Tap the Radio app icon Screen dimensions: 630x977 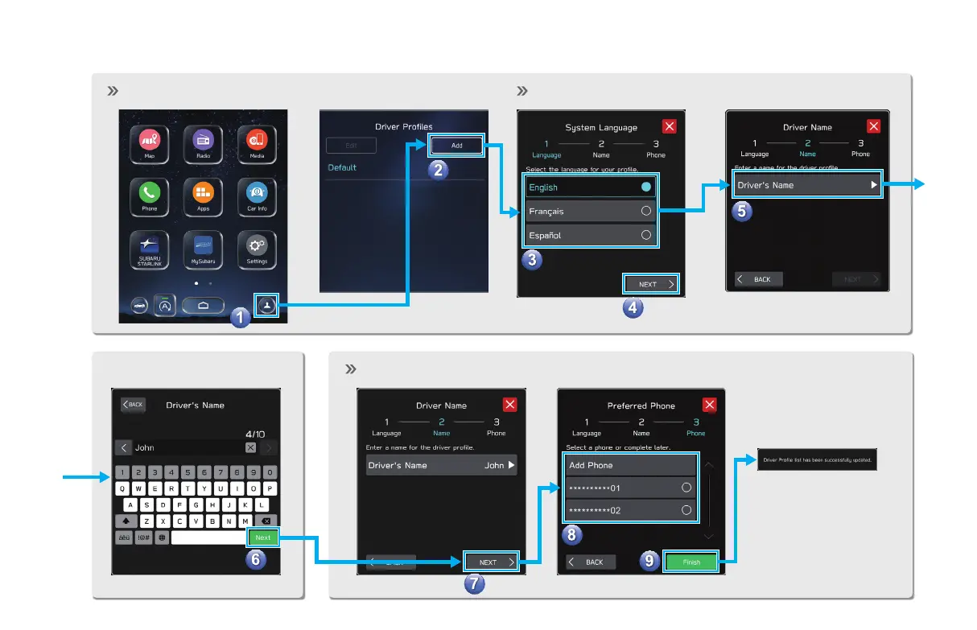tap(202, 140)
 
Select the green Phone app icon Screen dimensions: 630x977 tap(150, 193)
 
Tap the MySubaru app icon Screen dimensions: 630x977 tap(202, 245)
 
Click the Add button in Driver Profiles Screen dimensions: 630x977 tap(456, 146)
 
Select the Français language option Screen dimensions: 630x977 tap(589, 211)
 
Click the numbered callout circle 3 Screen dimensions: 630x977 tap(530, 260)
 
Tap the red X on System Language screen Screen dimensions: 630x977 tap(670, 126)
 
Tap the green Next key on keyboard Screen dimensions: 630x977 tap(263, 537)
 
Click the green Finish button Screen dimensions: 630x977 tap(691, 562)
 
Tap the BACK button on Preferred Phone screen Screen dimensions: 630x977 tap(591, 562)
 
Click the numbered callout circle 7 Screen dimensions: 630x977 tap(475, 585)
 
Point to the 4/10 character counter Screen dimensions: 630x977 tap(254, 434)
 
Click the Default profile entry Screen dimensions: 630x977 tap(342, 167)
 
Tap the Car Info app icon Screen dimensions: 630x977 tap(257, 193)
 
